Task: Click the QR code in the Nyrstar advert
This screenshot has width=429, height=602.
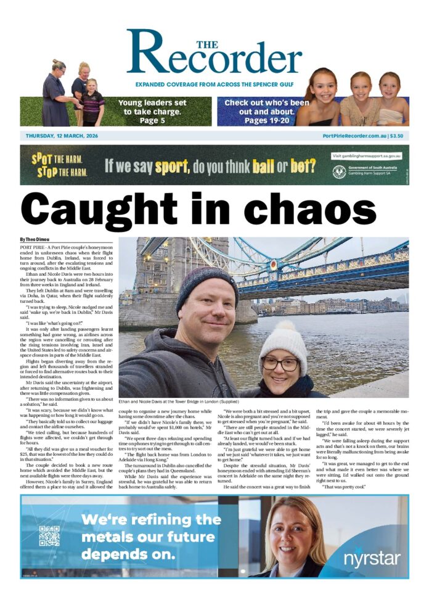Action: [x=49, y=535]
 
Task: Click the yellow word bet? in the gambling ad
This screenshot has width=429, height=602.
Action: [x=302, y=165]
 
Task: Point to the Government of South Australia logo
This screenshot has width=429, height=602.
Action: [x=366, y=171]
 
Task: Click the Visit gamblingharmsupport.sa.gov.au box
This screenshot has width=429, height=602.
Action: [x=366, y=156]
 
